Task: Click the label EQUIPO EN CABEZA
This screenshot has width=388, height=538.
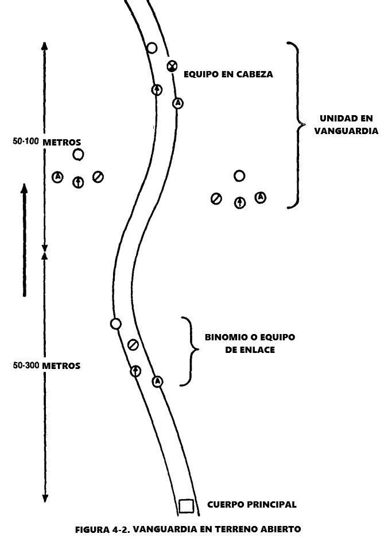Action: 228,74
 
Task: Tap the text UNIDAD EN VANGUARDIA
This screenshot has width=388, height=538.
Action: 346,124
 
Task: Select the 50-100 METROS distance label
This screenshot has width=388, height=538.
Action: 46,142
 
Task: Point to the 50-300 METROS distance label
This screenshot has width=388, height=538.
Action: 46,366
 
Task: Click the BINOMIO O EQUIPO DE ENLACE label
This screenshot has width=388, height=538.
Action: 250,343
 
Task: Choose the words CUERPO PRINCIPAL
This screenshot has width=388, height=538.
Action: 252,505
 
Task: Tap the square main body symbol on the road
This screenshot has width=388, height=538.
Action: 185,505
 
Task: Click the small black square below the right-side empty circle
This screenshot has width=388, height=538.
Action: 242,188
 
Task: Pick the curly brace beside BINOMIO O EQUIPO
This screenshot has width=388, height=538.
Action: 187,351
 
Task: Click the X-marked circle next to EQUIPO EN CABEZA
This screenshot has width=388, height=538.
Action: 172,66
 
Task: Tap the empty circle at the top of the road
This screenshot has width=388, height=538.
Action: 152,48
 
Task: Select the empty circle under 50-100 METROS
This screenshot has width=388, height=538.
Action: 78,154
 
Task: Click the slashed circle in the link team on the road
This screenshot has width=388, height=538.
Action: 133,344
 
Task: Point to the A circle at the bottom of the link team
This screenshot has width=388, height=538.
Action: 157,381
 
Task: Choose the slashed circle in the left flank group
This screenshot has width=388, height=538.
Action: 98,177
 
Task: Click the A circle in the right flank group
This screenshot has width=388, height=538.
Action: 261,197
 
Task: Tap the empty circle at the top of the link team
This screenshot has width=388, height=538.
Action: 115,324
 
